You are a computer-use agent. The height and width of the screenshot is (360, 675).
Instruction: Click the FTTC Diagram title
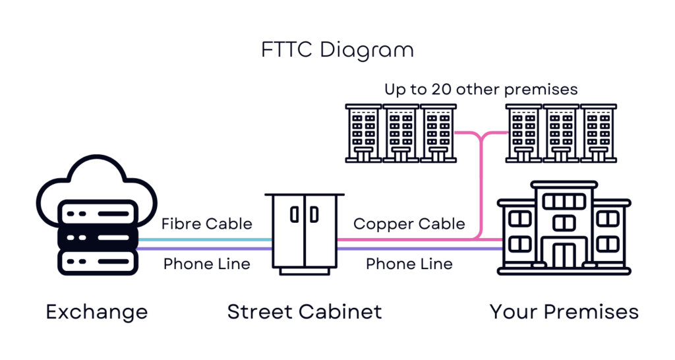(337, 50)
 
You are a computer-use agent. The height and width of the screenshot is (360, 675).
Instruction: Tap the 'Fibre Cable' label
(206, 224)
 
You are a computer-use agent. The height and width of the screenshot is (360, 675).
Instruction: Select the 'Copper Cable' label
(409, 224)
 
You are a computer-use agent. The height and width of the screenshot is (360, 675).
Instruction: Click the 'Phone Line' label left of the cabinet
(206, 264)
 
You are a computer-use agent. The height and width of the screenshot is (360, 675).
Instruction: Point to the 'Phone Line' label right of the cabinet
(409, 264)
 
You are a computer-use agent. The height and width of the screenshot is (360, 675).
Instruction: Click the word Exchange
(97, 313)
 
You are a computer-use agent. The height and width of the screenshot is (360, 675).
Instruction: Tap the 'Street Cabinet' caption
(305, 312)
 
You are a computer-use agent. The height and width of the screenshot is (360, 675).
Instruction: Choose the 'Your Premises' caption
(564, 312)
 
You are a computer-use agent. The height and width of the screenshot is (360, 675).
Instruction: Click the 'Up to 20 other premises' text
(481, 90)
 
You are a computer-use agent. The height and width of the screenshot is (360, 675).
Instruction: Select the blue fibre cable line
(205, 240)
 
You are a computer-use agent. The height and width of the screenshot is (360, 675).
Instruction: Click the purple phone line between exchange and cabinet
(205, 249)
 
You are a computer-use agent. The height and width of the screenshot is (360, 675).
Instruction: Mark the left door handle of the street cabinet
(295, 214)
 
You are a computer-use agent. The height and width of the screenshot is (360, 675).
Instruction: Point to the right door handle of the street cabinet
(314, 214)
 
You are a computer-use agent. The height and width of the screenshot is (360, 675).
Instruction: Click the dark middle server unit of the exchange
(98, 238)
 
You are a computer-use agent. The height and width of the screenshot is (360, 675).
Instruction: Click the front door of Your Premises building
(564, 256)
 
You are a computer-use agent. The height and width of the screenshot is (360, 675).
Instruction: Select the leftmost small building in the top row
(363, 133)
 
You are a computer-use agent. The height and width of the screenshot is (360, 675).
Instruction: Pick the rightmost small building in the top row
(599, 133)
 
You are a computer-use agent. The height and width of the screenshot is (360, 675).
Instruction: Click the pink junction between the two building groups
(481, 137)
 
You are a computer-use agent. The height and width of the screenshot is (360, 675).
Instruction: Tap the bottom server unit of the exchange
(98, 261)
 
